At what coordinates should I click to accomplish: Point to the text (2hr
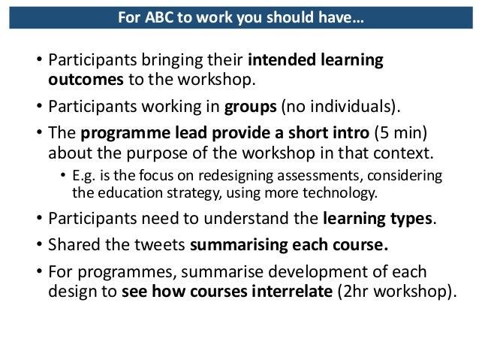tap(360, 292)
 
